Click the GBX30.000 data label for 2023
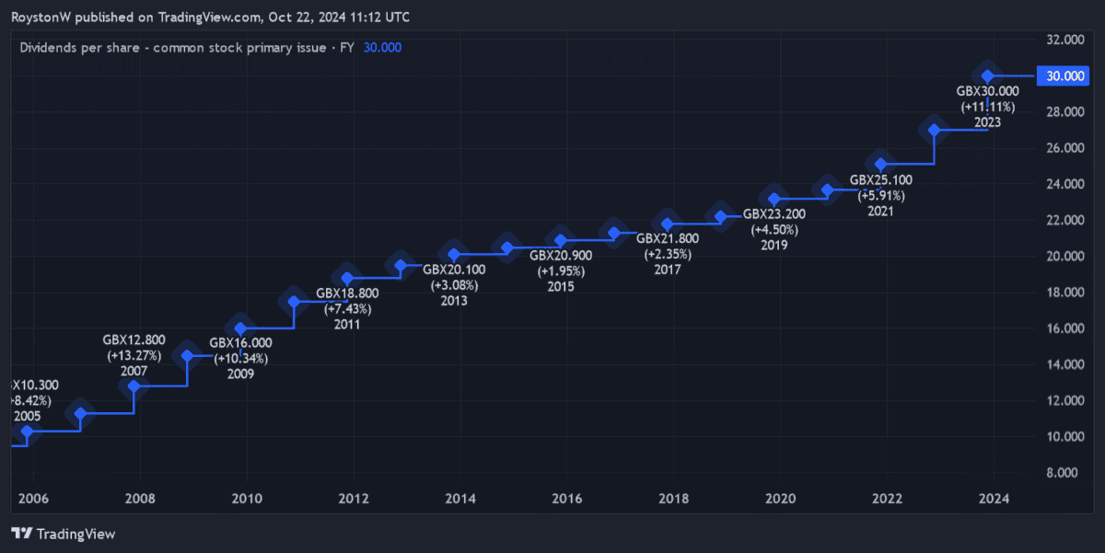pyautogui.click(x=987, y=91)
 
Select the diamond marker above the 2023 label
pyautogui.click(x=987, y=75)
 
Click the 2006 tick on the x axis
pyautogui.click(x=33, y=499)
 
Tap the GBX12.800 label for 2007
pyautogui.click(x=134, y=340)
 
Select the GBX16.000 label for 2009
pyautogui.click(x=240, y=343)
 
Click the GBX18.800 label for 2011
pyautogui.click(x=347, y=294)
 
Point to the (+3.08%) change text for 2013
pyautogui.click(x=454, y=285)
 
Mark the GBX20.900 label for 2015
pyautogui.click(x=561, y=256)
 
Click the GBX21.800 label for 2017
pyautogui.click(x=668, y=238)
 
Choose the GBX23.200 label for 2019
pyautogui.click(x=774, y=214)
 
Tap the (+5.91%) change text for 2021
pyautogui.click(x=881, y=195)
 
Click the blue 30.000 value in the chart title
pyautogui.click(x=382, y=48)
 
